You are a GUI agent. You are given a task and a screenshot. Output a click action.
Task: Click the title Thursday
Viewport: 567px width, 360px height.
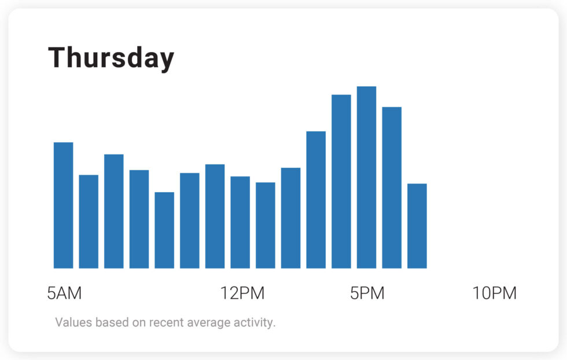[111, 58]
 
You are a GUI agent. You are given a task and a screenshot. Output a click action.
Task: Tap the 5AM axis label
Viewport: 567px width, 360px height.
[64, 293]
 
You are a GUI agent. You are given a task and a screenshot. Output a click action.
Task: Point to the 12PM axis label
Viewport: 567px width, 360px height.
[242, 293]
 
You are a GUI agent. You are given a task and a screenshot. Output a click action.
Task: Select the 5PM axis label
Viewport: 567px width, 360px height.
[367, 293]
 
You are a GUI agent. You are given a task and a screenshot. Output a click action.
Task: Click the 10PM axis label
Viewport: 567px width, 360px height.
[494, 293]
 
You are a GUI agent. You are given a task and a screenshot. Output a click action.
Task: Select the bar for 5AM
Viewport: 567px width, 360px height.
[64, 205]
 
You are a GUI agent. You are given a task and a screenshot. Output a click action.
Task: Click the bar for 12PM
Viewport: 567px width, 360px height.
[240, 222]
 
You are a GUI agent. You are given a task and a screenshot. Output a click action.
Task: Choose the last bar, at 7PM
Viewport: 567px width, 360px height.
[417, 226]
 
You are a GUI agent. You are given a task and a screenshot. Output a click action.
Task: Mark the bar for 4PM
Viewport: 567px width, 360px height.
[341, 182]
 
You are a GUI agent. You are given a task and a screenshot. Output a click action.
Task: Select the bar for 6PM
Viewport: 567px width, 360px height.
[392, 188]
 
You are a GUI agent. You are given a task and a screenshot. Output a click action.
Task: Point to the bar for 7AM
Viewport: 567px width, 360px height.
[114, 211]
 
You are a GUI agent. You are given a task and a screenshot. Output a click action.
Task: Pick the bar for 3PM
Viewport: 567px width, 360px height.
[316, 200]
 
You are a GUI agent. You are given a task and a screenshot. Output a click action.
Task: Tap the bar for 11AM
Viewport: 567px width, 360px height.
[215, 216]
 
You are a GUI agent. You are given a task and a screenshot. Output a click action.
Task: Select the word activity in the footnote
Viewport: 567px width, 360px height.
[255, 322]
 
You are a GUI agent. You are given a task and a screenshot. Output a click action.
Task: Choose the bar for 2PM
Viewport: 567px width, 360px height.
[290, 218]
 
